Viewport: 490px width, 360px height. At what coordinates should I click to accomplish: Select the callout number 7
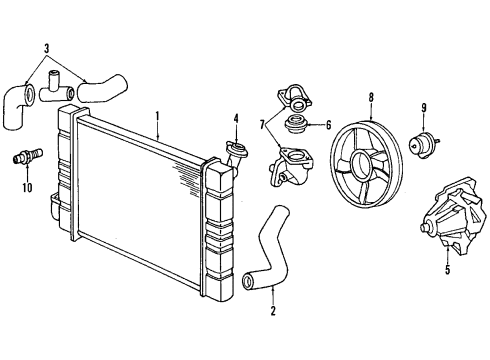(x=263, y=125)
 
